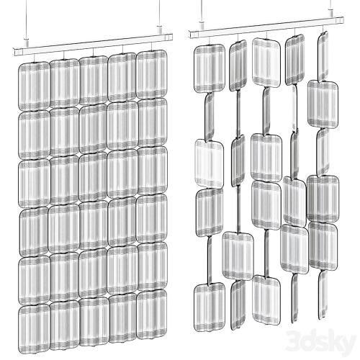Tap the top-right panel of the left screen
tap(152, 75)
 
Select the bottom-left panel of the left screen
tap(34, 328)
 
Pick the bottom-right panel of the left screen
tap(152, 315)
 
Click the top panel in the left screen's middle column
tap(94, 81)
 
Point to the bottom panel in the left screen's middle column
tap(94, 322)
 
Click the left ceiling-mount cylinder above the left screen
tap(27, 42)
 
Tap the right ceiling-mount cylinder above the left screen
tap(159, 30)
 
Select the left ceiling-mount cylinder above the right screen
tap(202, 26)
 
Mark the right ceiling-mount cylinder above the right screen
tap(330, 13)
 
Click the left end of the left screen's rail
tap(14, 52)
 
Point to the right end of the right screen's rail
tap(343, 20)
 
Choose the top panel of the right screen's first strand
tap(210, 68)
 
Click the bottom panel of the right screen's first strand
tap(210, 307)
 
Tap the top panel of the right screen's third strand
tap(266, 62)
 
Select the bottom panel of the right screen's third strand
tap(266, 300)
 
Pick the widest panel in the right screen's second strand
tap(238, 256)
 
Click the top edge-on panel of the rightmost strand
tap(323, 57)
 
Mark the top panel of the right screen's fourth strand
tap(295, 60)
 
